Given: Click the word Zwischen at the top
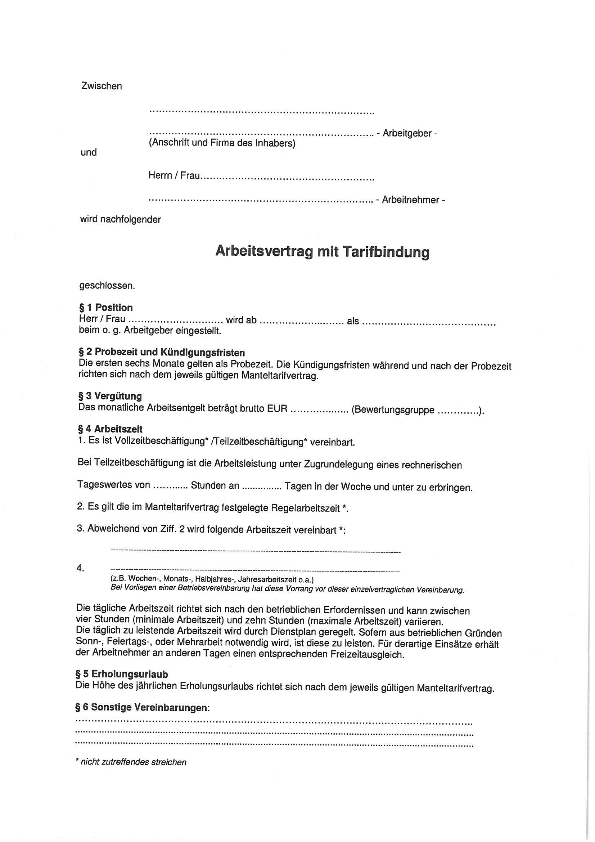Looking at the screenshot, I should pyautogui.click(x=101, y=86).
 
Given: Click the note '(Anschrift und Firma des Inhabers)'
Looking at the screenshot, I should pyautogui.click(x=222, y=143).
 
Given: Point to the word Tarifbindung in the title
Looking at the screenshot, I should pyautogui.click(x=386, y=252).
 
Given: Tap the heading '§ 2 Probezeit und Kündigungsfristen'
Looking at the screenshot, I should pyautogui.click(x=162, y=353).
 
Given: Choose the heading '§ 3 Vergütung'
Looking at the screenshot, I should pyautogui.click(x=110, y=396).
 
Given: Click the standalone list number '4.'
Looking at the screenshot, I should pyautogui.click(x=80, y=568).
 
